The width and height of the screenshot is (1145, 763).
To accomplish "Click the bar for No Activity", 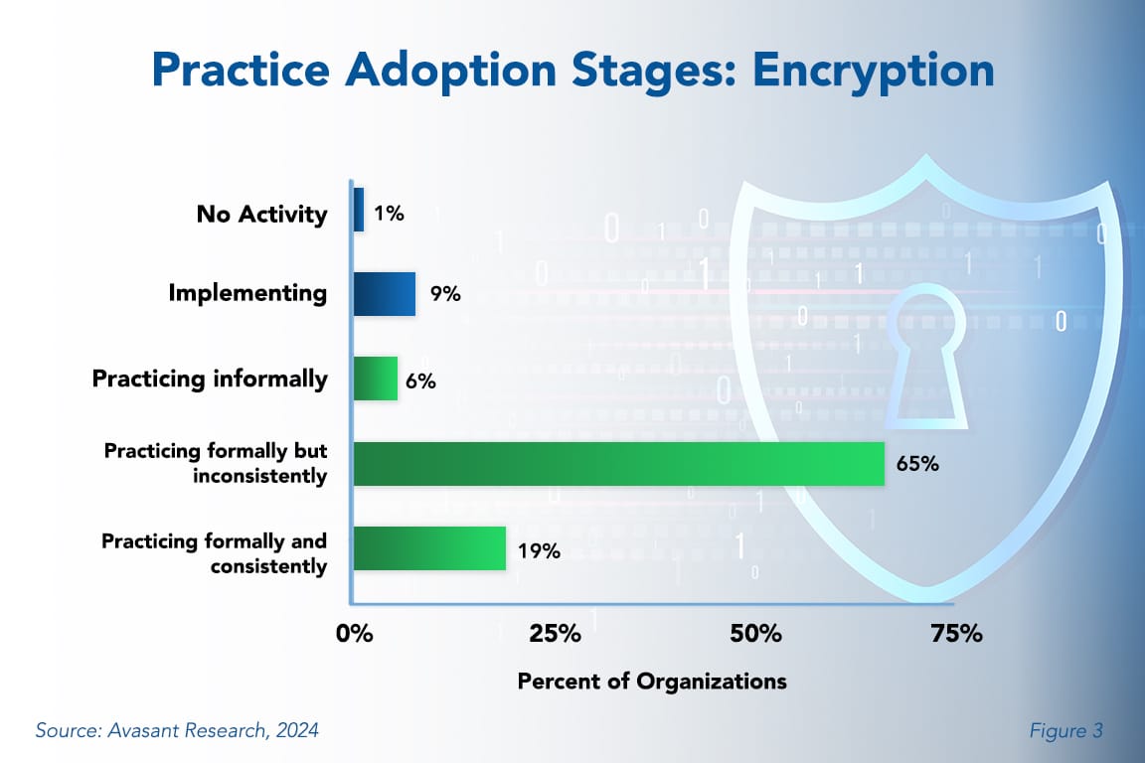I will (359, 211).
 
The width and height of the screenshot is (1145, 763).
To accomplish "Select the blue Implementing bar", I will (384, 294).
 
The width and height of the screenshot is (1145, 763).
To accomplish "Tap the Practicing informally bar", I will (375, 379).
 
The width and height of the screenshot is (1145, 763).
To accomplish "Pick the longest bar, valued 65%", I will (617, 464).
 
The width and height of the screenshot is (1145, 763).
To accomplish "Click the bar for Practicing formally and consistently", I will (428, 548).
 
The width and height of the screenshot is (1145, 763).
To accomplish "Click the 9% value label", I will (445, 295).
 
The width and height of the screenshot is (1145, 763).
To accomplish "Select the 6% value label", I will (420, 380).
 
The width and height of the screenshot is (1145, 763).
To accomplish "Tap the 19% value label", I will (538, 549).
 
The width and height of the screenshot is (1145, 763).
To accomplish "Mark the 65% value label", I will (917, 464).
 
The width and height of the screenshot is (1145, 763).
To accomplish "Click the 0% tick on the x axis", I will (354, 634).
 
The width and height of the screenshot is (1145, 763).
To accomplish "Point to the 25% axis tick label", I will (555, 634).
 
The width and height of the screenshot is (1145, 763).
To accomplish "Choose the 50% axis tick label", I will (755, 634).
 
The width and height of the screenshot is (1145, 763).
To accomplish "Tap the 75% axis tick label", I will (956, 634).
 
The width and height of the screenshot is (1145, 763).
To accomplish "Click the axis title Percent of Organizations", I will (652, 682).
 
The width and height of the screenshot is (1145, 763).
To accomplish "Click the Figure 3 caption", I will (1066, 731).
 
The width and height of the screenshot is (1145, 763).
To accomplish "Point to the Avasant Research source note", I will (177, 731).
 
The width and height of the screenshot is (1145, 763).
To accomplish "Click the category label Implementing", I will (247, 293).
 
